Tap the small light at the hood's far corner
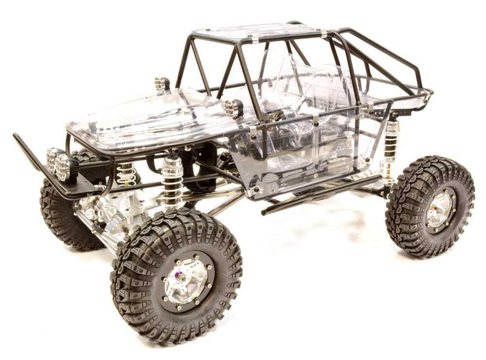pos(161,83)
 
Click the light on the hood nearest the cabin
pos(233,108)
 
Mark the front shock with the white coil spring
pos(126,173)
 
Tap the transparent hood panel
pos(146,118)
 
